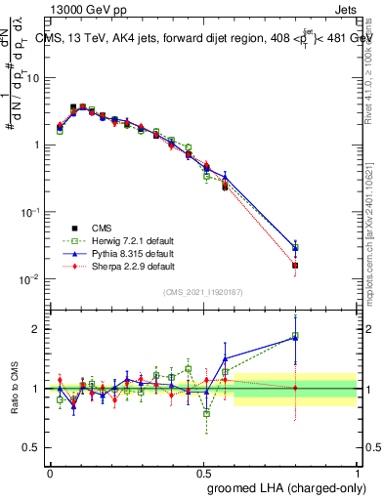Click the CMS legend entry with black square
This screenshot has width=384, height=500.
tap(98, 229)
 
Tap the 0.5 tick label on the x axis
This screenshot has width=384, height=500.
tap(203, 471)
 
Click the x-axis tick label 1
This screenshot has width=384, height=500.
tap(358, 471)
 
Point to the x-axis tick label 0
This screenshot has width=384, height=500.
tap(50, 471)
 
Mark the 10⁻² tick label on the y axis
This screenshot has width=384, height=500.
tap(29, 280)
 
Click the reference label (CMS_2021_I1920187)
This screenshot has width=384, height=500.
tap(203, 292)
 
